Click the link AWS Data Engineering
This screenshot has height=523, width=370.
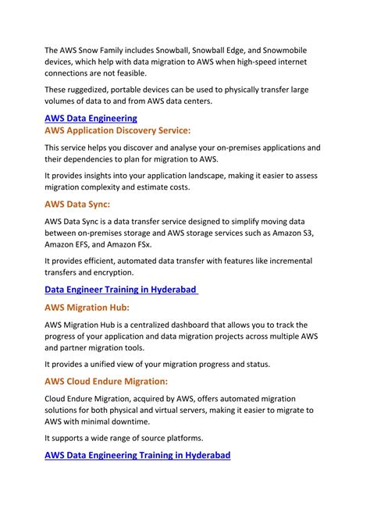coord(91,118)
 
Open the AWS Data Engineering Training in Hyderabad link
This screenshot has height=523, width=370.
coord(137,454)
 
